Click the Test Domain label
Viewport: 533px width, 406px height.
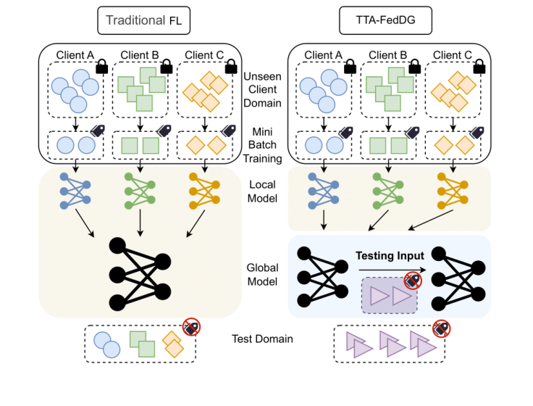(262, 339)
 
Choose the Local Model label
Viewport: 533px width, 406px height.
(262, 191)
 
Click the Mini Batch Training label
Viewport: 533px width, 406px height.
(262, 141)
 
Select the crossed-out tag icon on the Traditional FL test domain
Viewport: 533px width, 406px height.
(190, 328)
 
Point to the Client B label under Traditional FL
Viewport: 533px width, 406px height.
(140, 55)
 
